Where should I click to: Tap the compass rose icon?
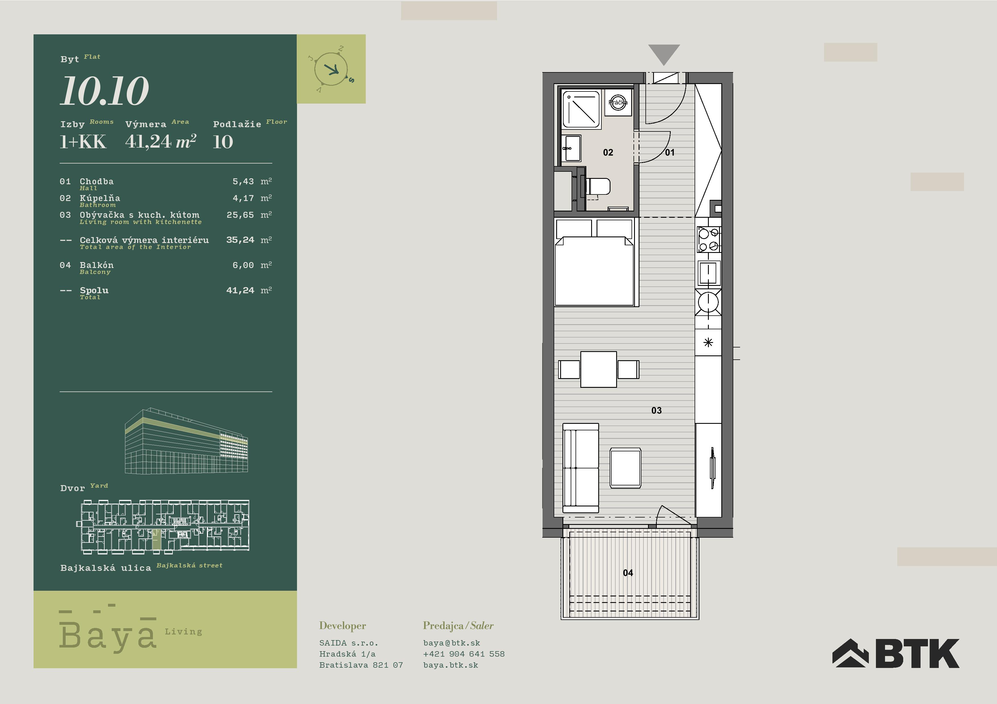click(331, 69)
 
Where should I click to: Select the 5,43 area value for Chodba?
click(243, 182)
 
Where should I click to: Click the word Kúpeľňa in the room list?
click(100, 198)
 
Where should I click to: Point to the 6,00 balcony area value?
click(243, 265)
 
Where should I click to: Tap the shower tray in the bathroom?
click(581, 109)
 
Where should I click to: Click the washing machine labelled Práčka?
click(618, 103)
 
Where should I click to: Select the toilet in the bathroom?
click(597, 187)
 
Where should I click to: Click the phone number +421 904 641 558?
click(464, 654)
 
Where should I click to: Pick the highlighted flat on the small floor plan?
click(156, 540)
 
